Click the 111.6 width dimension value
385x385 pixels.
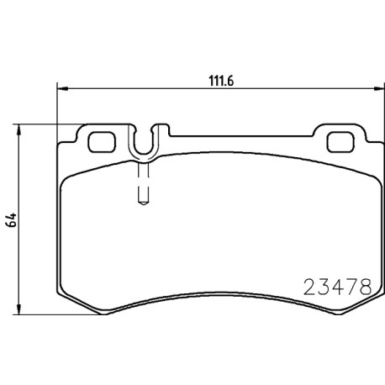pos(221,82)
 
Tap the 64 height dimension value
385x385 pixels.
pos(12,220)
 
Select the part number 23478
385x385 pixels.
pos(338,287)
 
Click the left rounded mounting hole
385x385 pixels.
pos(102,142)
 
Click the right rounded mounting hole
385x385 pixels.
pos(340,142)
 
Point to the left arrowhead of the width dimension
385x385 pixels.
pos(62,89)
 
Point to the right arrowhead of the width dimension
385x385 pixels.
pos(379,89)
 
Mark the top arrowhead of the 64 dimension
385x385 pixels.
pos(18,129)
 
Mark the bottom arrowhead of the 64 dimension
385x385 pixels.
pos(18,309)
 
